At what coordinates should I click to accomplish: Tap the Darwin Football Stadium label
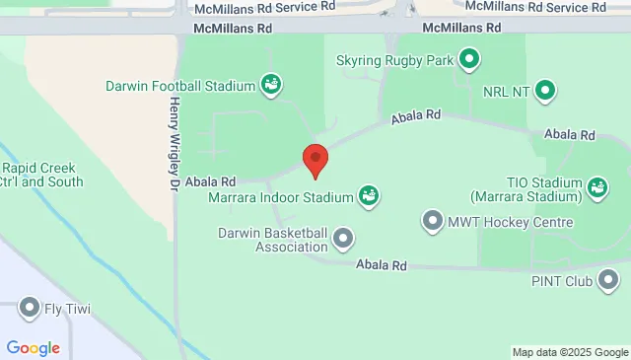click(x=180, y=86)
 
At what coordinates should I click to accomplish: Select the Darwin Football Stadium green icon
click(x=269, y=86)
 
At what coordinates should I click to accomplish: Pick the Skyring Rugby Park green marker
click(x=470, y=60)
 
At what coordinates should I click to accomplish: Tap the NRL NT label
click(x=507, y=92)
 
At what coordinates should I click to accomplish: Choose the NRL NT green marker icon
click(x=545, y=92)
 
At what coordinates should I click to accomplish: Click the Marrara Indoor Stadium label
click(x=281, y=197)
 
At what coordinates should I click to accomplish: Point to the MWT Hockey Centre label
click(x=510, y=222)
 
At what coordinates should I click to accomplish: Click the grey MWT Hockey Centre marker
click(x=432, y=221)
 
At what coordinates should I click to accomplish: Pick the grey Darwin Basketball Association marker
click(x=343, y=238)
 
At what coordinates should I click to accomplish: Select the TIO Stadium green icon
click(x=596, y=185)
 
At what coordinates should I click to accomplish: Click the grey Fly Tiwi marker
click(x=30, y=309)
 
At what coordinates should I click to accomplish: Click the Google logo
click(x=33, y=347)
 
